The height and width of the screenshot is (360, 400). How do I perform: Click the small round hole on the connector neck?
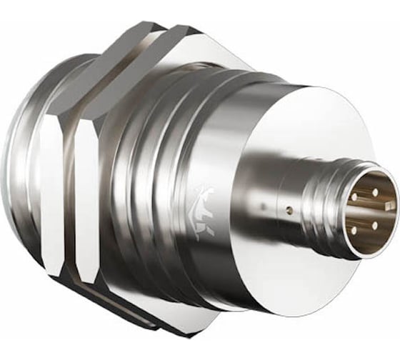click(x=289, y=211)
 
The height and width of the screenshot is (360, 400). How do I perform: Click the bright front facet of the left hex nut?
click(x=51, y=193)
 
